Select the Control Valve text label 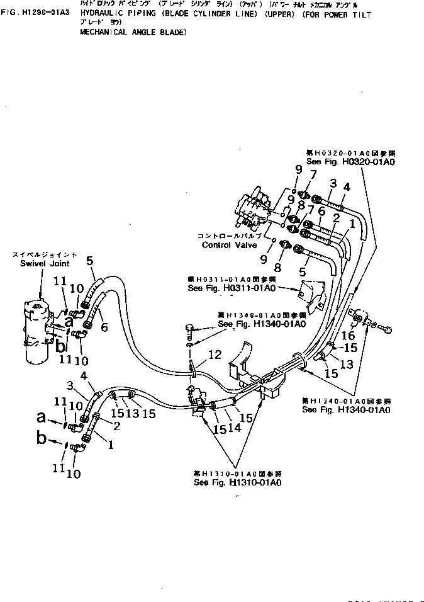(229, 245)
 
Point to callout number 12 (215, 356)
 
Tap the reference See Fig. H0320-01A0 (350, 162)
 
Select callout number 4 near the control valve (346, 187)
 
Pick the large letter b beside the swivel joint (60, 346)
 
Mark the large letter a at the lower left (42, 416)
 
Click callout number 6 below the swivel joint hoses (104, 328)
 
